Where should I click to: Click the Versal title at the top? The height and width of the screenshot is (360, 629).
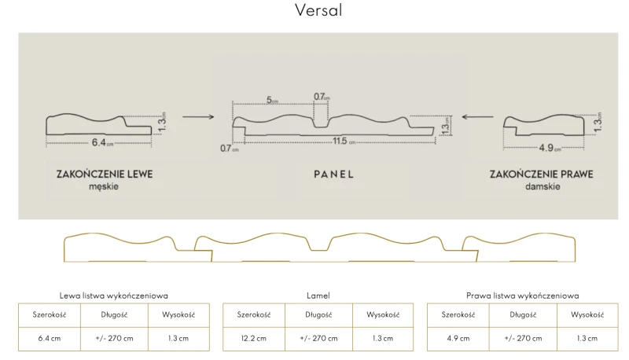click(318, 10)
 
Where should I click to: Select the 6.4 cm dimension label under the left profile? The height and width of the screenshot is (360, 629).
click(102, 142)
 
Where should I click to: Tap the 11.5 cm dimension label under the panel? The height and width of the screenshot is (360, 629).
click(344, 141)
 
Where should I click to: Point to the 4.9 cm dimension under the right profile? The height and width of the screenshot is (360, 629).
click(550, 148)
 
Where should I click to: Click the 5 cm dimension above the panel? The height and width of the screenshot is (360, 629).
click(272, 100)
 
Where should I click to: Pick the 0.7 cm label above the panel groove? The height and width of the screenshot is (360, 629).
click(322, 97)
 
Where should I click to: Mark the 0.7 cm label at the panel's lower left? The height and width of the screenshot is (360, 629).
click(229, 149)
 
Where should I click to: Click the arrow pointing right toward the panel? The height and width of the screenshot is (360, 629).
click(198, 116)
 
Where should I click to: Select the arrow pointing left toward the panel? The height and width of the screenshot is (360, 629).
click(477, 116)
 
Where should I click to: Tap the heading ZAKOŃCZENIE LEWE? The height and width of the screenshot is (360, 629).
click(105, 174)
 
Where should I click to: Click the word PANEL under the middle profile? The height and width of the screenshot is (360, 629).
click(333, 174)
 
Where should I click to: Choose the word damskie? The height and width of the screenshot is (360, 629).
click(543, 186)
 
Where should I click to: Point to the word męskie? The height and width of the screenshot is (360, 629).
click(104, 187)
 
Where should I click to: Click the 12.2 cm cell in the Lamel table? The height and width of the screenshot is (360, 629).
click(253, 338)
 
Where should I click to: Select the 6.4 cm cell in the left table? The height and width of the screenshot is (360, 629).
click(50, 338)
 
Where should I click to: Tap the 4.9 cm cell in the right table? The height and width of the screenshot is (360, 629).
click(458, 338)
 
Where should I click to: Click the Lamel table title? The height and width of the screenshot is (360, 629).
click(318, 296)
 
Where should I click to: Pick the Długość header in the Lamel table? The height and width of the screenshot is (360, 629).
click(318, 314)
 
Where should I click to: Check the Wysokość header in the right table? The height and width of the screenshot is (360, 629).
click(587, 314)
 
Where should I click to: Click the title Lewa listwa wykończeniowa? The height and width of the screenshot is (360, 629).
click(113, 296)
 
